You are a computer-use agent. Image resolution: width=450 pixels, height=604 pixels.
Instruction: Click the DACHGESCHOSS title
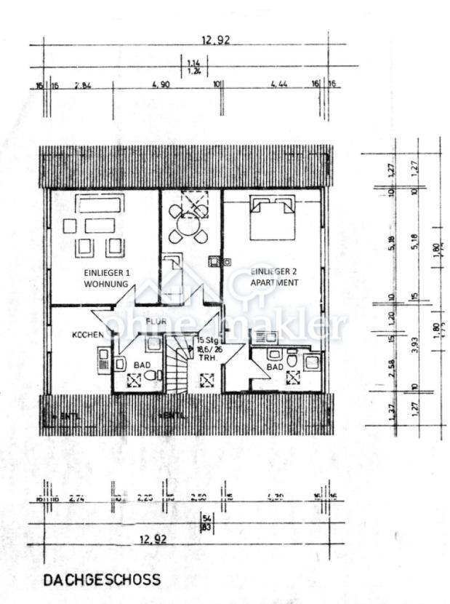pyautogui.click(x=101, y=580)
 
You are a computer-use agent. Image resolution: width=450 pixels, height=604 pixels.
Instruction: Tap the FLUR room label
pyautogui.click(x=157, y=321)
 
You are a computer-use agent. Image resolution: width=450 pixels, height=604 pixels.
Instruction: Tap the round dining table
pyautogui.click(x=188, y=225)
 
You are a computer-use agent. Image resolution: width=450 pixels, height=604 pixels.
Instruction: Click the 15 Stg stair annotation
pyautogui.click(x=209, y=349)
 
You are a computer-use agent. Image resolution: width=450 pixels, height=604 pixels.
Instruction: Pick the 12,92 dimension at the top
pyautogui.click(x=216, y=41)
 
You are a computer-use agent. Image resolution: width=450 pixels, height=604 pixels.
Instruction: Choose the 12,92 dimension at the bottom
pyautogui.click(x=153, y=540)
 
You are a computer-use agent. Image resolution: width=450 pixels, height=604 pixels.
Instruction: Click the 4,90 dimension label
pyautogui.click(x=161, y=85)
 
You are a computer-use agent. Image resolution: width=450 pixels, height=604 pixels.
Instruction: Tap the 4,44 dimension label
pyautogui.click(x=278, y=85)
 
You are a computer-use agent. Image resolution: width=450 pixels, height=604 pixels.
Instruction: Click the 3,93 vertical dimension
pyautogui.click(x=414, y=343)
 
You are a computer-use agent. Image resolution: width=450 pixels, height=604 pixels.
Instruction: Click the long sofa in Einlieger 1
pyautogui.click(x=101, y=203)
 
